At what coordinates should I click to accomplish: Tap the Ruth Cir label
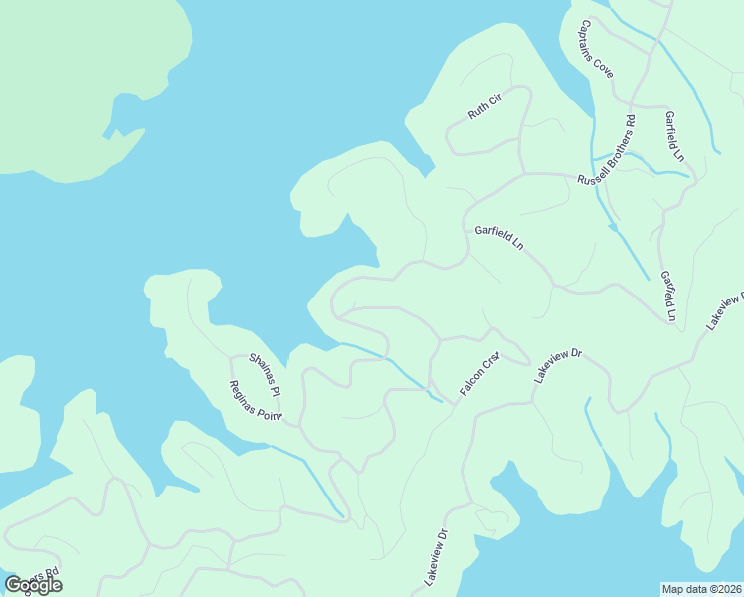tap(487, 104)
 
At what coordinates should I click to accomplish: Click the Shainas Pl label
tap(266, 370)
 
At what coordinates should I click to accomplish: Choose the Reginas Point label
tap(256, 401)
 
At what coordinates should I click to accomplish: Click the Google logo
tap(33, 585)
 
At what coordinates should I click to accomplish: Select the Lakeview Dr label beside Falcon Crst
tap(557, 365)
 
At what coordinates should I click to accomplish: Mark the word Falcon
tap(470, 384)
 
